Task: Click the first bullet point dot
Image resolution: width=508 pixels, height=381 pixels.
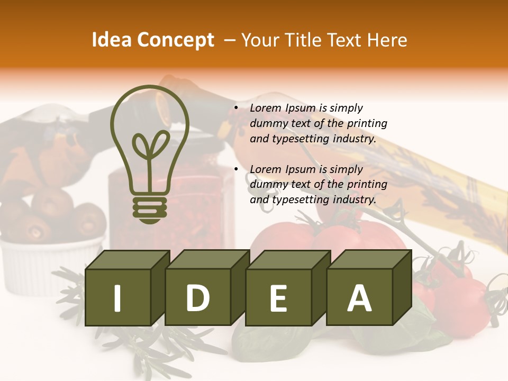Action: (236, 108)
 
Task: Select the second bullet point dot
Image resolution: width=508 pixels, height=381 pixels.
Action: (236, 170)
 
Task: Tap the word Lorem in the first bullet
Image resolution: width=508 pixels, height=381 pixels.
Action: (266, 108)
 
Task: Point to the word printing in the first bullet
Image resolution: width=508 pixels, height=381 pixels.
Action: (367, 123)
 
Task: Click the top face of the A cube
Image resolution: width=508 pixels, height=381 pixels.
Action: (369, 259)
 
